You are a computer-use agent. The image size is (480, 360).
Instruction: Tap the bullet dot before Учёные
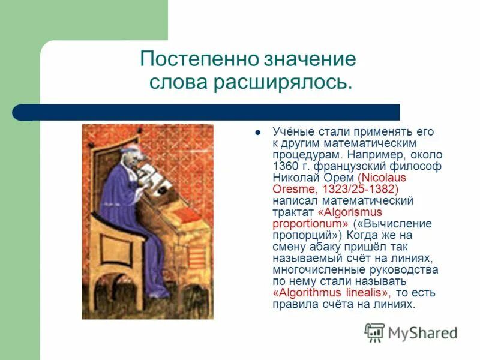(257, 132)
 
